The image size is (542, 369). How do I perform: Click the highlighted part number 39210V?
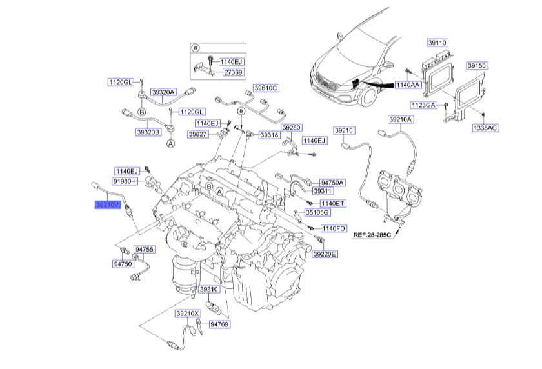coord(106,205)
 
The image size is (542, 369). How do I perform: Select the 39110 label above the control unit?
coord(437,43)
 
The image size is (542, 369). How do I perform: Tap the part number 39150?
coord(477,66)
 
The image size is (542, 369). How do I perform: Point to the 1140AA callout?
coord(406,85)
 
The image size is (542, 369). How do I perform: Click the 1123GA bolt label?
coord(423,104)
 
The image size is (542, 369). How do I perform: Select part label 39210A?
coord(401,120)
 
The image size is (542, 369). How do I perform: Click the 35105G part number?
coord(317,212)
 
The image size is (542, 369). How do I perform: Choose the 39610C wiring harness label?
coord(265,87)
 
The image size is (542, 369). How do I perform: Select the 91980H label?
coord(126,183)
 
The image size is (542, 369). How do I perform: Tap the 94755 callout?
coord(145,249)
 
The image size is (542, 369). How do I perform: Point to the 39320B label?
coord(148,132)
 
